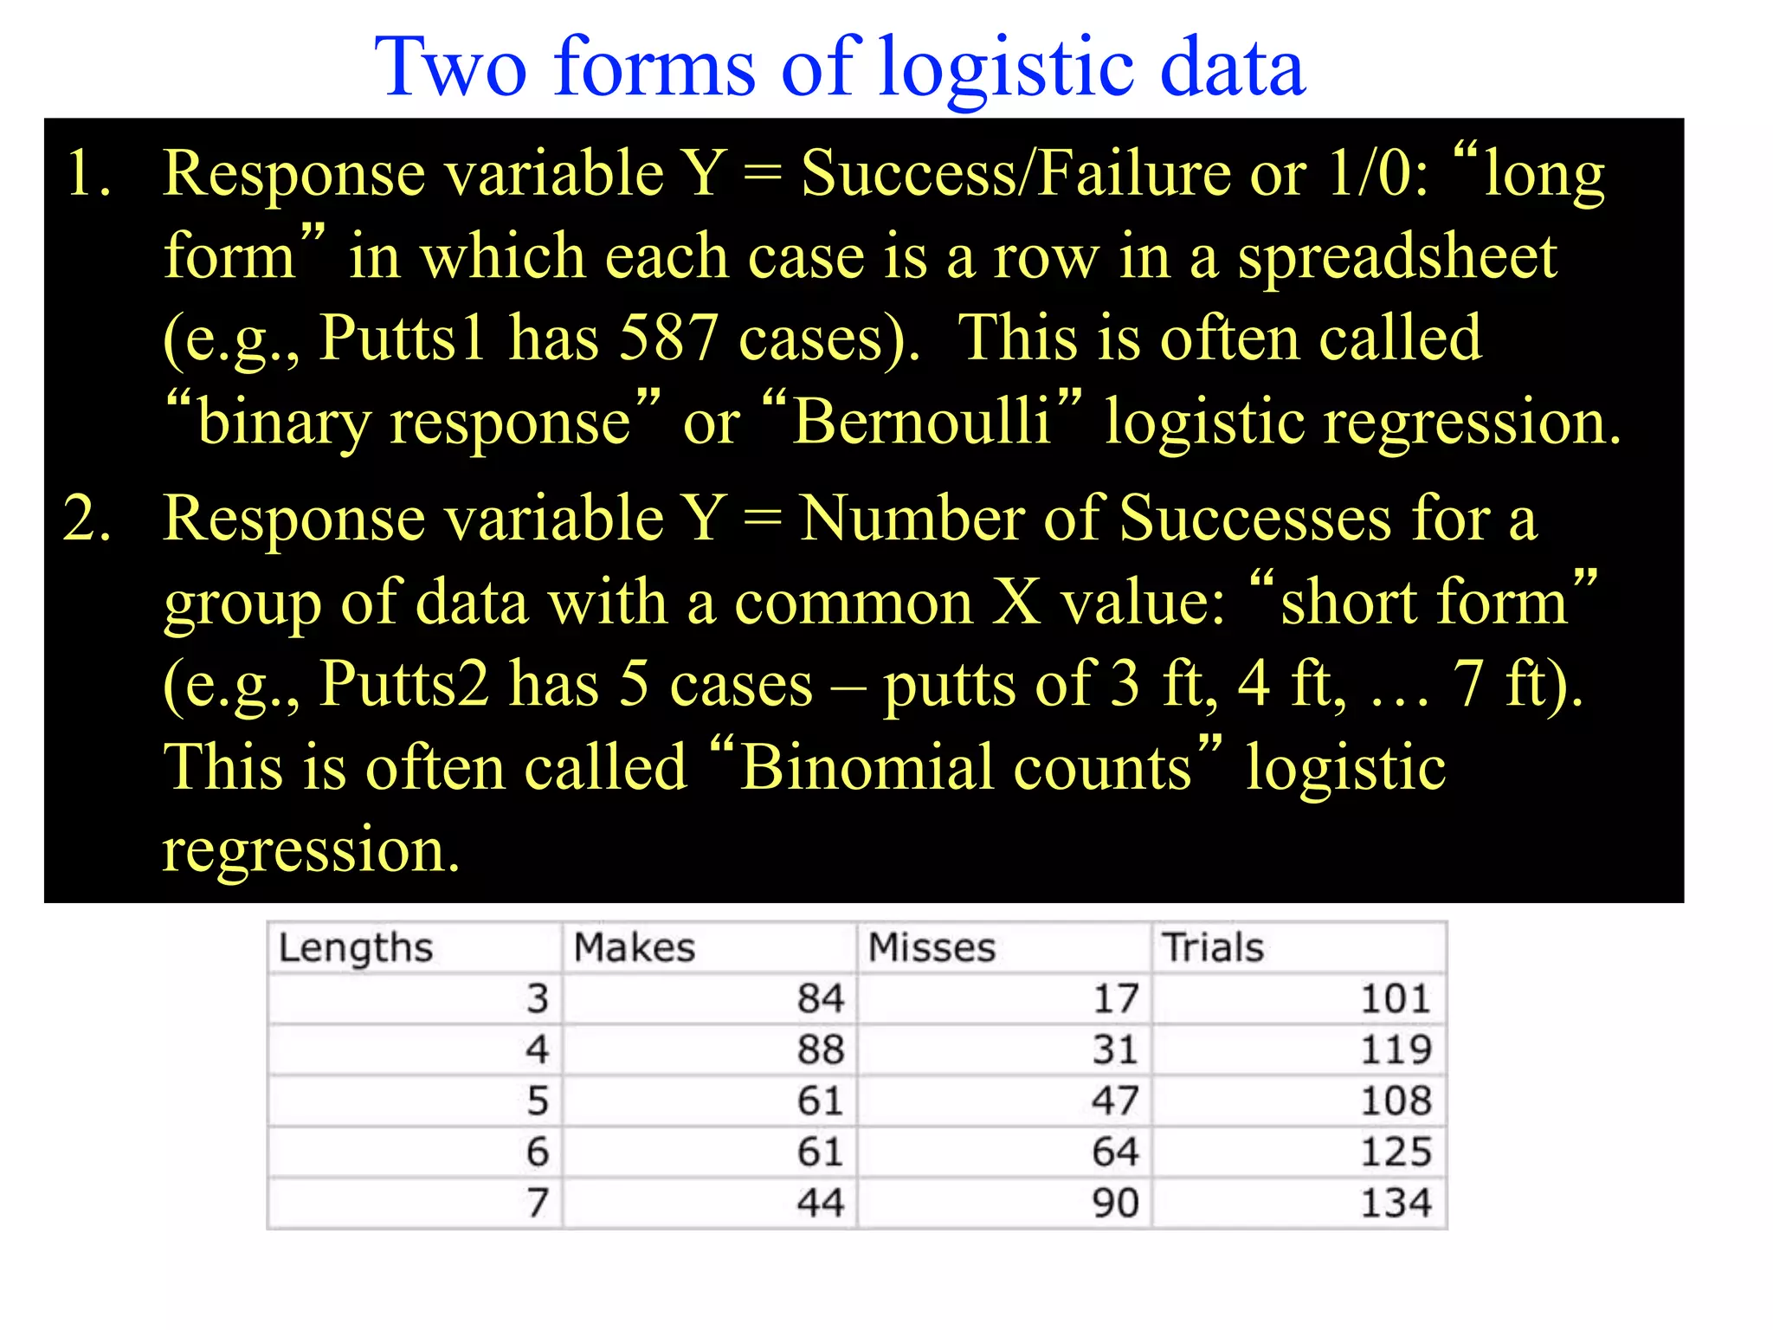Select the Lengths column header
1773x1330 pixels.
pyautogui.click(x=355, y=947)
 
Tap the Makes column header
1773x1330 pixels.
pyautogui.click(x=635, y=947)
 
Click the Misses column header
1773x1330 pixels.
pyautogui.click(x=932, y=947)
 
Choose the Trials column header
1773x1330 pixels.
pyautogui.click(x=1212, y=947)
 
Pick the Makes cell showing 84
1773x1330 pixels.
pyautogui.click(x=820, y=998)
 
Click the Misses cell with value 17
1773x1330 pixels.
pyautogui.click(x=1115, y=998)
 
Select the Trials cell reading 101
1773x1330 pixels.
pyautogui.click(x=1396, y=998)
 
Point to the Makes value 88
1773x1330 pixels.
pyautogui.click(x=820, y=1049)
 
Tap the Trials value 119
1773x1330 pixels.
pyautogui.click(x=1396, y=1049)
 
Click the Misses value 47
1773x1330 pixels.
pyautogui.click(x=1115, y=1101)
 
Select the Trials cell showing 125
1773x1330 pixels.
pyautogui.click(x=1396, y=1152)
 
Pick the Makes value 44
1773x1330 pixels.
pyautogui.click(x=820, y=1203)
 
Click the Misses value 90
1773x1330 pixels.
pyautogui.click(x=1115, y=1203)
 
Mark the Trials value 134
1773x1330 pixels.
pyautogui.click(x=1396, y=1203)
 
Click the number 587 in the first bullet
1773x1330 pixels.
pyautogui.click(x=667, y=338)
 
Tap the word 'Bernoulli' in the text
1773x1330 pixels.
pyautogui.click(x=921, y=422)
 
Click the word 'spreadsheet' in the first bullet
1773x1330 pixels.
pyautogui.click(x=1396, y=256)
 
